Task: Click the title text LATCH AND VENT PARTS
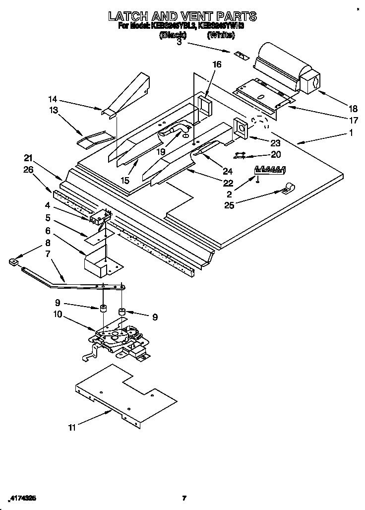click(x=182, y=16)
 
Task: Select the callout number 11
click(x=72, y=427)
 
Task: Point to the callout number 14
click(x=53, y=98)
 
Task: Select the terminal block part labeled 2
click(x=271, y=170)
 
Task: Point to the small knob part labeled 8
click(x=14, y=261)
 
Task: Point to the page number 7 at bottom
click(x=183, y=498)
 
